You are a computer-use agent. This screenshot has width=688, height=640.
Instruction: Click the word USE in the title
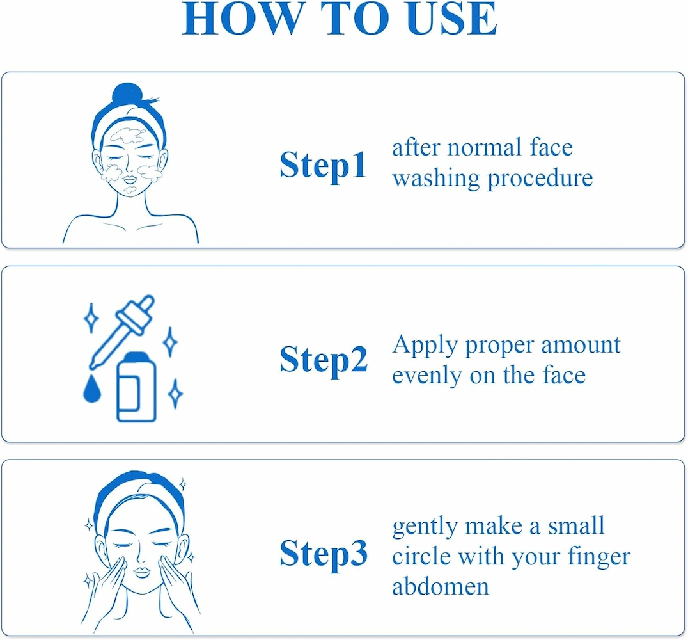click(x=452, y=19)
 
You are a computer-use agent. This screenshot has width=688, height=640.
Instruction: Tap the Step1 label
click(x=323, y=166)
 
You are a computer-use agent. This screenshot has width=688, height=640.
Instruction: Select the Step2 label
click(x=324, y=360)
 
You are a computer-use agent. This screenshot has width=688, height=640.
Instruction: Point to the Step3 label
click(x=324, y=554)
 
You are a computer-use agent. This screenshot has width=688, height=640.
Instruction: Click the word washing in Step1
click(x=436, y=179)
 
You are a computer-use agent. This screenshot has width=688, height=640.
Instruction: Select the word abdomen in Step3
click(x=441, y=586)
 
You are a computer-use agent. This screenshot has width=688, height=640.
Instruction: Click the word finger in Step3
click(x=599, y=557)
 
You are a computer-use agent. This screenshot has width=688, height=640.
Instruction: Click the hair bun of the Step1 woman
click(x=127, y=94)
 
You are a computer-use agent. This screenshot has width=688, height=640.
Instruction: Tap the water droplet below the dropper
click(x=91, y=388)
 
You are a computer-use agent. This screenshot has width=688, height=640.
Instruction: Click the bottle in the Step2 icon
click(x=136, y=387)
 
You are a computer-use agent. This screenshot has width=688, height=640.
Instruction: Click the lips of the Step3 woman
click(x=142, y=572)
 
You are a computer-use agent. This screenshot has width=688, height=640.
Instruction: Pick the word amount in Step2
click(x=581, y=345)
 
